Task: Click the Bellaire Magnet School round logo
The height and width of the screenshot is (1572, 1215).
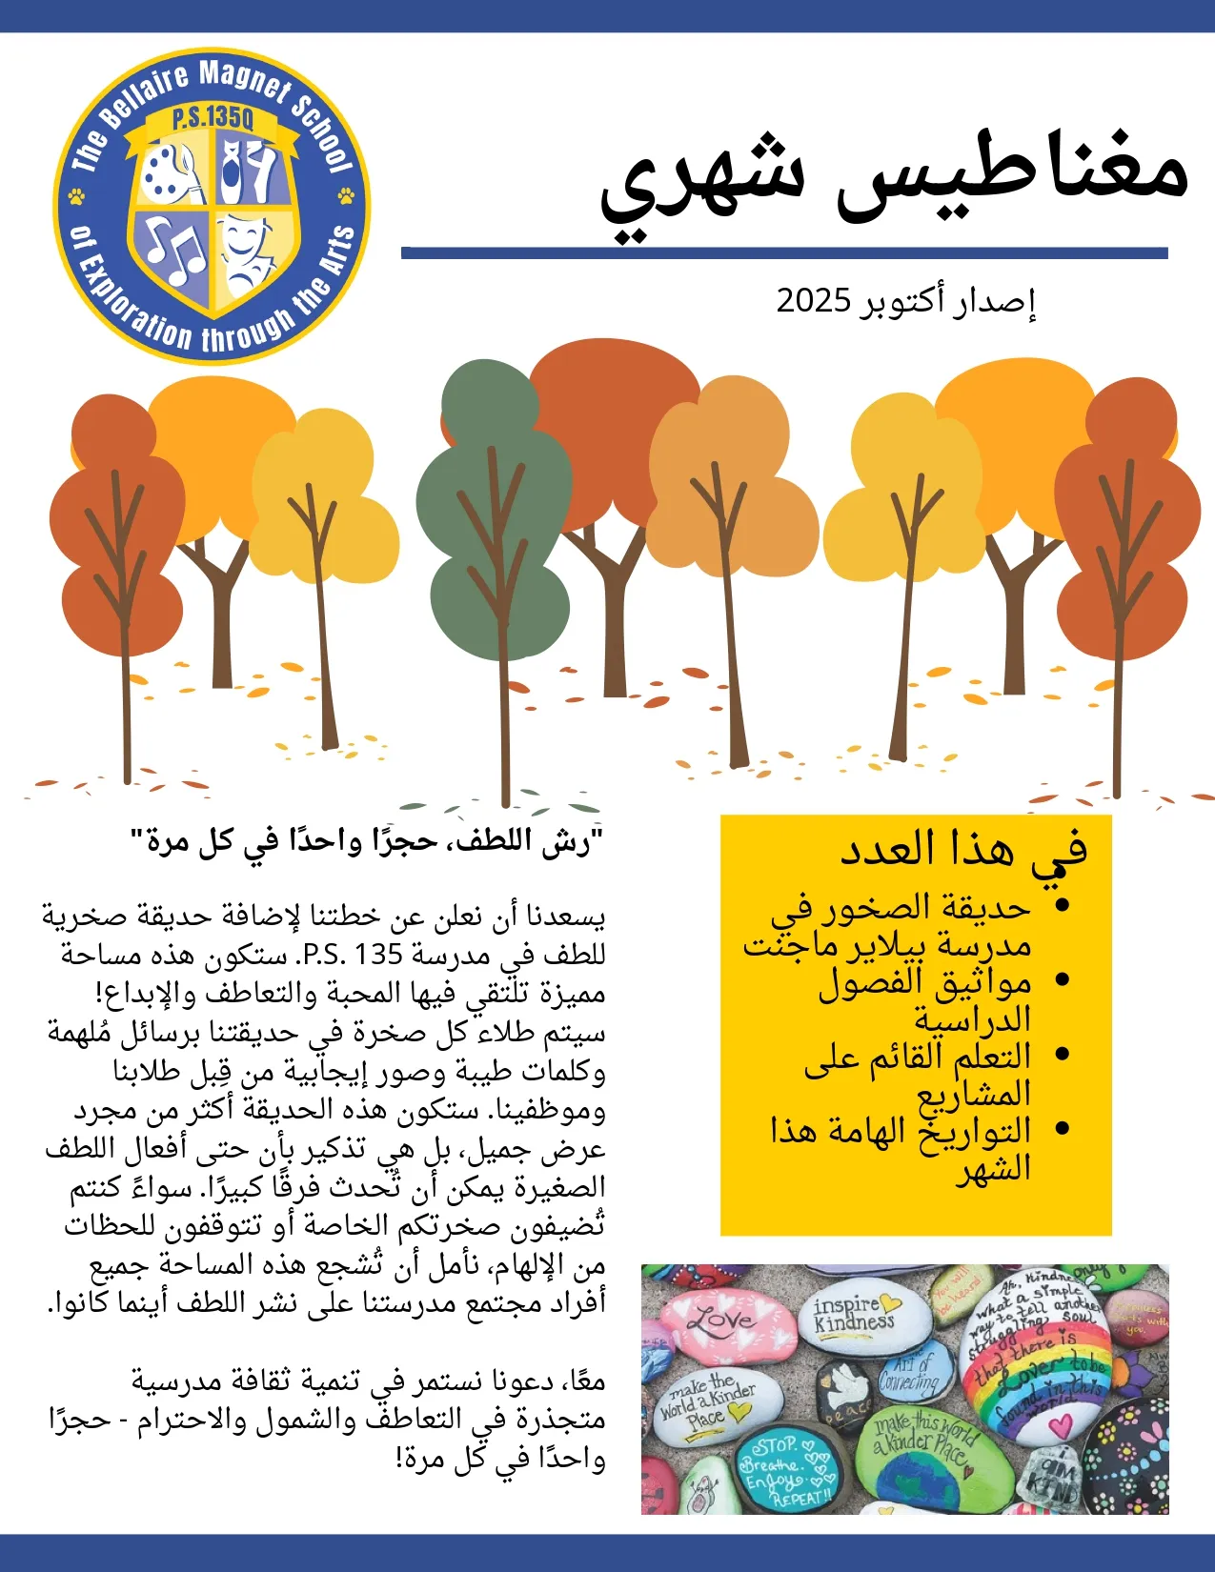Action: point(212,206)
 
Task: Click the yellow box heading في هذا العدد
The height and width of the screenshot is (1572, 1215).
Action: point(962,849)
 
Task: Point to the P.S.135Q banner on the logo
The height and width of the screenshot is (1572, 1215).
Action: point(213,120)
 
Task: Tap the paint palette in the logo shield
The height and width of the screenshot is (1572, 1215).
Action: point(172,171)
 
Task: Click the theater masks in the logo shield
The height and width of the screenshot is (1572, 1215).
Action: point(250,250)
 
